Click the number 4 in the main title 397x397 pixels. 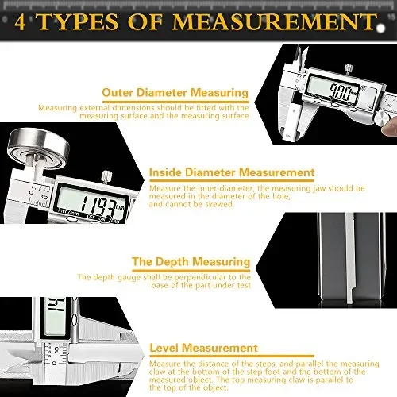tap(18, 21)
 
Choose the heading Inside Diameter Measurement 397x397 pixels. tap(232, 172)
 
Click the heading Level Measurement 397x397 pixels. tap(203, 348)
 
